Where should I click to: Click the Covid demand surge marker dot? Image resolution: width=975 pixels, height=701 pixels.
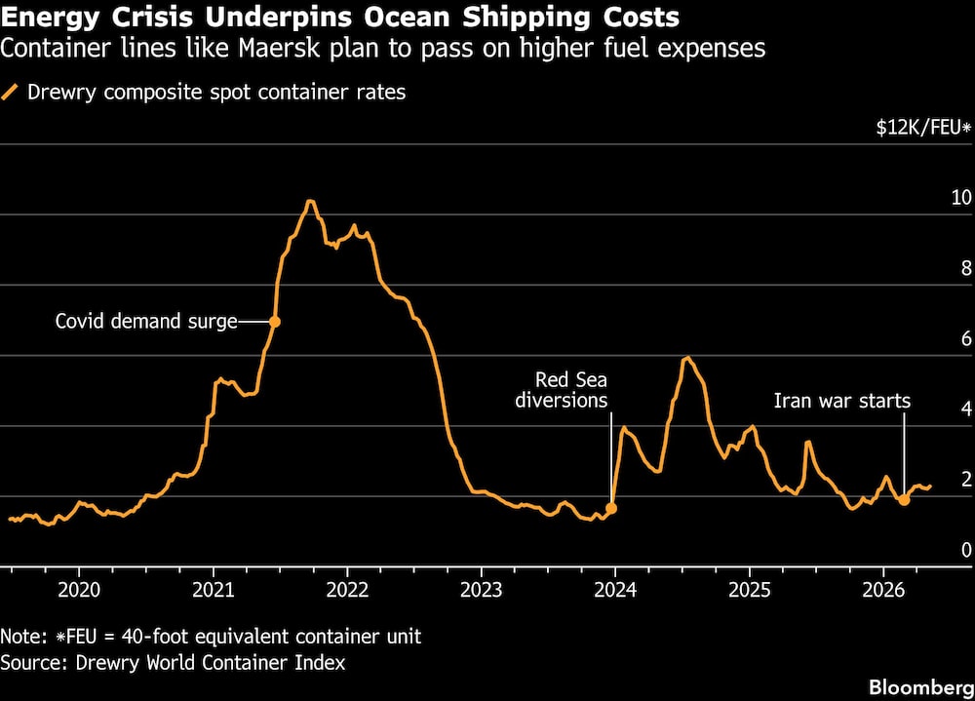point(274,322)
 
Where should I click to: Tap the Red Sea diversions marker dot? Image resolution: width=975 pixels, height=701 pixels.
point(611,508)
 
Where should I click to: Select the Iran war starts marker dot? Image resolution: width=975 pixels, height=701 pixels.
point(904,499)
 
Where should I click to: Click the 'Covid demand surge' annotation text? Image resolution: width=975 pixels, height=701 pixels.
point(146,321)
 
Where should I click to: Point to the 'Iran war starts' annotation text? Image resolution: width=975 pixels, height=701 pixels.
point(842,401)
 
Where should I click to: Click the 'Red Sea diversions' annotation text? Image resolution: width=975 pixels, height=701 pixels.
point(562,389)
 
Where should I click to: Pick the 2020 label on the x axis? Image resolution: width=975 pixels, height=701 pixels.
point(79,589)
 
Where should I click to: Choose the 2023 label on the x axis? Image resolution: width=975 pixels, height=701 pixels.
point(482,589)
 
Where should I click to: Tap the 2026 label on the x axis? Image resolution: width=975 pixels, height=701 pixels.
point(883,589)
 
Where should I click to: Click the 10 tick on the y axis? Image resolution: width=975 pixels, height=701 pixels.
point(961,197)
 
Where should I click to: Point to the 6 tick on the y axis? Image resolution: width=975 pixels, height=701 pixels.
point(966,338)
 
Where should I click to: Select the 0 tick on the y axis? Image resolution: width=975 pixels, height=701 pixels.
point(966,549)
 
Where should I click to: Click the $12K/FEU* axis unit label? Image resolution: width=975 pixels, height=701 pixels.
point(923,128)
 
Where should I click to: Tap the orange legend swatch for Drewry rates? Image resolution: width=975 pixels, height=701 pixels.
point(10,92)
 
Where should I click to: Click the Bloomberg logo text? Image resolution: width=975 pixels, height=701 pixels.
point(921,687)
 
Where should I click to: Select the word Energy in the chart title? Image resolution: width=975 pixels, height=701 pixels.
point(50,18)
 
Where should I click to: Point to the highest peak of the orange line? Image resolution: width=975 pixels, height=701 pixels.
point(310,201)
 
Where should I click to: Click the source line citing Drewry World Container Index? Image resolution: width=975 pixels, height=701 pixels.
point(173,662)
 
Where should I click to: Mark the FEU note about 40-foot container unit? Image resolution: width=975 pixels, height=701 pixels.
point(211,637)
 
